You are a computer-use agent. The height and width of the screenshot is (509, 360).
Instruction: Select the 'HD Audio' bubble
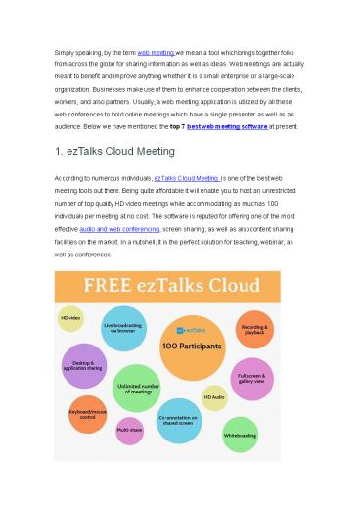pyautogui.click(x=215, y=395)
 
